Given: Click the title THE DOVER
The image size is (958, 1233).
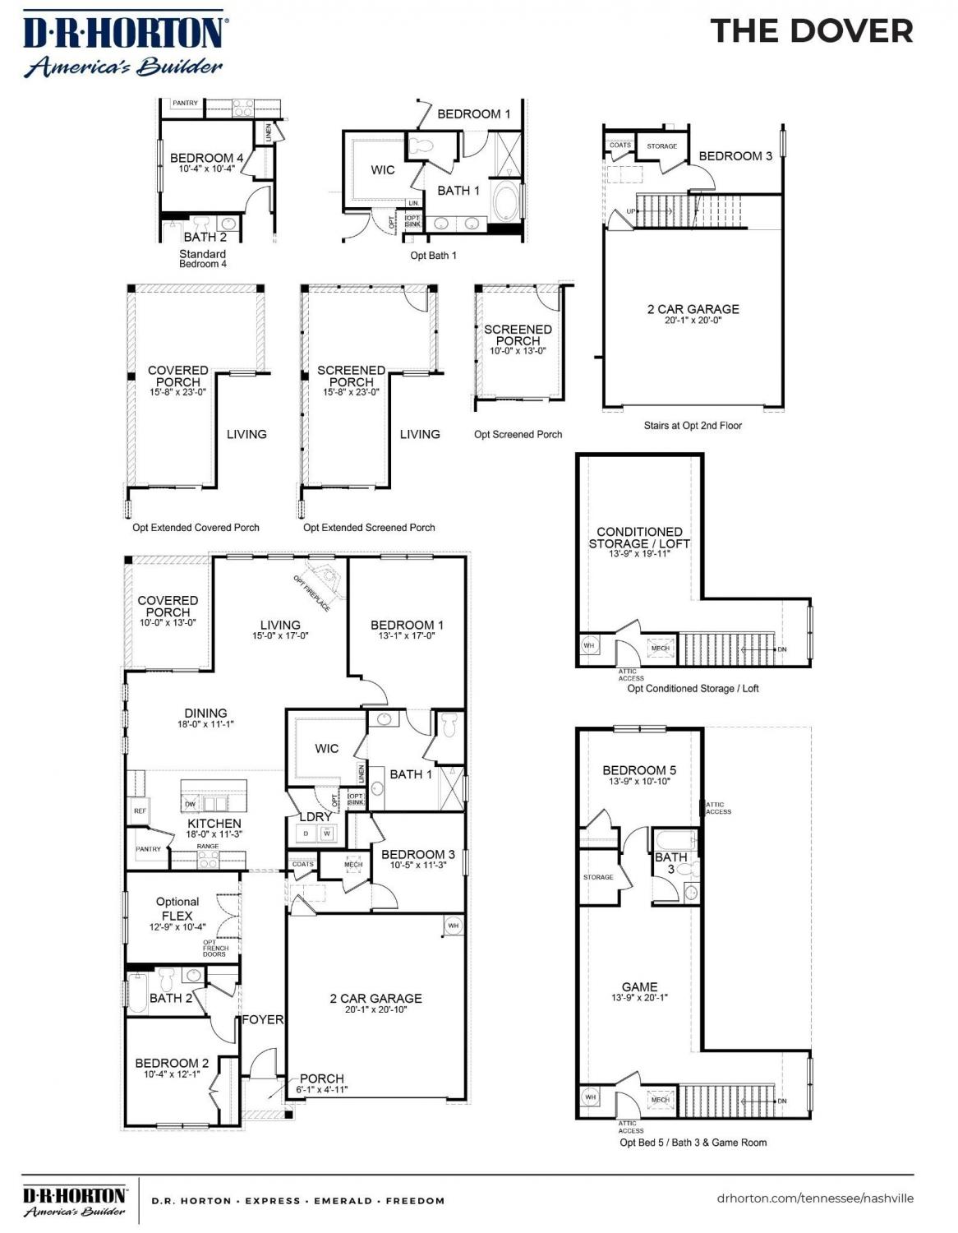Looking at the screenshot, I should click(x=811, y=31).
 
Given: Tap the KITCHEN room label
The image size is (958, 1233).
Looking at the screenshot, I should click(x=214, y=823).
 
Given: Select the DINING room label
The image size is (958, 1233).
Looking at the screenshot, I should click(x=205, y=713).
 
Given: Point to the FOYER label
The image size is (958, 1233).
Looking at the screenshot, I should click(x=262, y=1019).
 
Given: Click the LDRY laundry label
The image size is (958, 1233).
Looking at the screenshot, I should click(x=315, y=816).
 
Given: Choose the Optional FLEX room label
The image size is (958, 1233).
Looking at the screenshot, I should click(x=177, y=908).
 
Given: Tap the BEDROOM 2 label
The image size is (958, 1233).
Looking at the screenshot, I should click(x=172, y=1063).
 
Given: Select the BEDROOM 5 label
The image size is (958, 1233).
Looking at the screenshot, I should click(x=639, y=770).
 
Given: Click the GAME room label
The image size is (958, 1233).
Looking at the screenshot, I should click(x=639, y=986).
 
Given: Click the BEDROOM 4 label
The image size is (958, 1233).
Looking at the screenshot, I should click(x=206, y=158).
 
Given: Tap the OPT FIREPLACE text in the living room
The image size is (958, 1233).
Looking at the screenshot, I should click(x=312, y=593).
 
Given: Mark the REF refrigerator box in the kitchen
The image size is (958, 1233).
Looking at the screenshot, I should click(x=139, y=811).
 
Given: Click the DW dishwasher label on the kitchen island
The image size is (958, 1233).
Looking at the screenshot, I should click(x=191, y=805).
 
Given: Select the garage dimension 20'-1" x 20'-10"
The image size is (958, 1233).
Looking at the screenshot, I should click(x=375, y=1009).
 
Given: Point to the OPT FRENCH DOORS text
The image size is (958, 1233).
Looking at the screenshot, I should click(x=214, y=949).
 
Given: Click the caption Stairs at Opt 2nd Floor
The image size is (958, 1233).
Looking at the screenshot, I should click(x=693, y=426).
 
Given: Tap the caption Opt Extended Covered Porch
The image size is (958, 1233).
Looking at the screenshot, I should click(x=196, y=528).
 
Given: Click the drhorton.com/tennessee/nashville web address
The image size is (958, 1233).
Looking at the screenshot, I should click(x=814, y=1198).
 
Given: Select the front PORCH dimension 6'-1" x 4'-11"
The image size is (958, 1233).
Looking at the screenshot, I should click(x=322, y=1090).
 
